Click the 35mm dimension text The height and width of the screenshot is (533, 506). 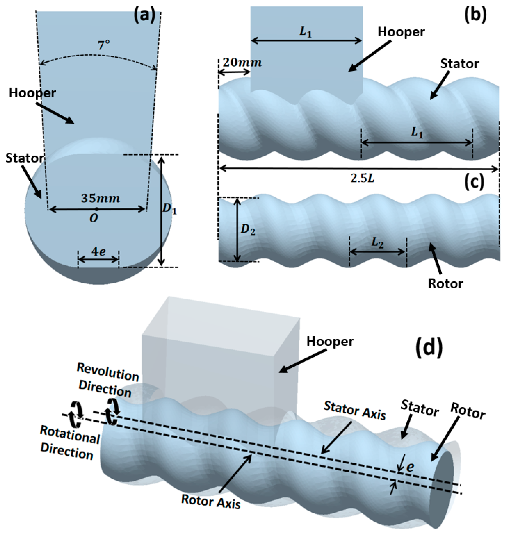pyautogui.click(x=101, y=198)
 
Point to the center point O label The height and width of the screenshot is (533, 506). pyautogui.click(x=94, y=218)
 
